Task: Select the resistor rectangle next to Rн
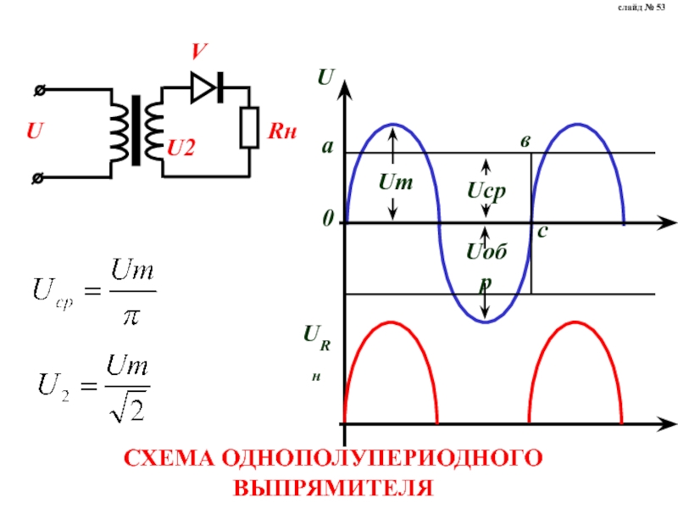pos(250,128)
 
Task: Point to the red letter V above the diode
pos(197,53)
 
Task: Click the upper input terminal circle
pos(39,88)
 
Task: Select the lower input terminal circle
pos(39,177)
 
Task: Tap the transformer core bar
pos(136,131)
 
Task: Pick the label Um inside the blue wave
pos(394,182)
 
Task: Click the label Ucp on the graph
pos(486,192)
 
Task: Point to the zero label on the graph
pos(327,221)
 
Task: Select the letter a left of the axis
pos(326,148)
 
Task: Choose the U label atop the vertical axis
pos(325,77)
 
